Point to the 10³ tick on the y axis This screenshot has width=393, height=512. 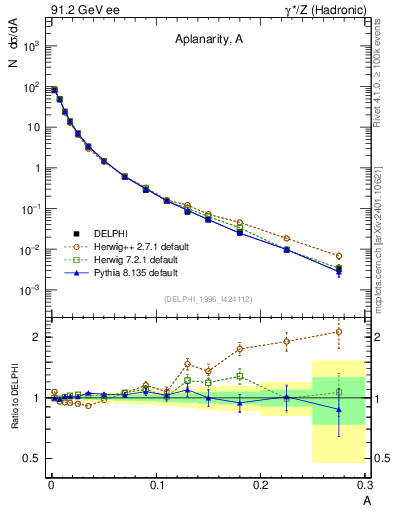pos(33,47)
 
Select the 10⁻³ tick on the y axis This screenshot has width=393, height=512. pos(33,290)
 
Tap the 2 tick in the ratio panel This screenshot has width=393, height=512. pos(38,337)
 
